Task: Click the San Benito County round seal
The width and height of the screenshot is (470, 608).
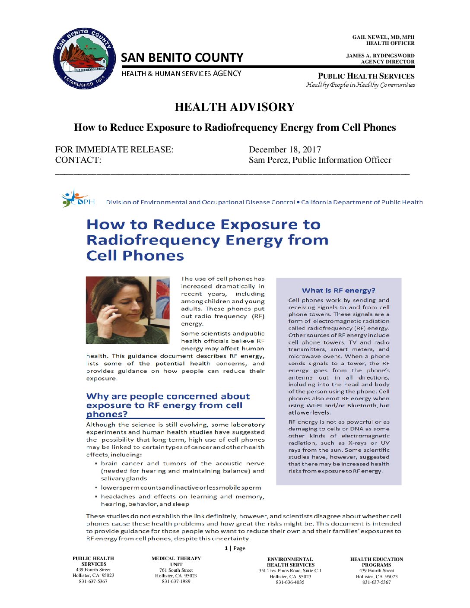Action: coord(84,59)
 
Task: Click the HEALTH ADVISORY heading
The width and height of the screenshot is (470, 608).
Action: coord(235,107)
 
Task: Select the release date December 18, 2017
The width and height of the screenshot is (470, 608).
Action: coord(285,149)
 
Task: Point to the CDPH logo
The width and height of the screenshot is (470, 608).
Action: coord(78,198)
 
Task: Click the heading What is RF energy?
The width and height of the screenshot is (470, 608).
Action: coord(338,291)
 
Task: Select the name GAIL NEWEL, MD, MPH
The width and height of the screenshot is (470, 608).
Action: coord(383,37)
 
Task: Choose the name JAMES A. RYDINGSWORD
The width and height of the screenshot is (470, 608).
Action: coord(380,56)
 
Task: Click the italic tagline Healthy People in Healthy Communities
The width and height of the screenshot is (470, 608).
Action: coord(360,85)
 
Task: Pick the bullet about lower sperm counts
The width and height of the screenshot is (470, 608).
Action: coord(181,488)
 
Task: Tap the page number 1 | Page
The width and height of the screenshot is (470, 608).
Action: coord(235,548)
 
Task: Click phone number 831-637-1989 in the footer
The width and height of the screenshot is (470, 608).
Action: coord(176,581)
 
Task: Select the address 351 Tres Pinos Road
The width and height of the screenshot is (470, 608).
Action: coord(290,570)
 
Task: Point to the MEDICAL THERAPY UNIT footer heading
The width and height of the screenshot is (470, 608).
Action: coord(176,561)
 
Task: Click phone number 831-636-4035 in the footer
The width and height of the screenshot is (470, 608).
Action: coord(290,582)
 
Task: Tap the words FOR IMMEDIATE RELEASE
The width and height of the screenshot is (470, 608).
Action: coord(114,149)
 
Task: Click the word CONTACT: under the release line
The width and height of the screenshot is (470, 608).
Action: coord(78,160)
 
